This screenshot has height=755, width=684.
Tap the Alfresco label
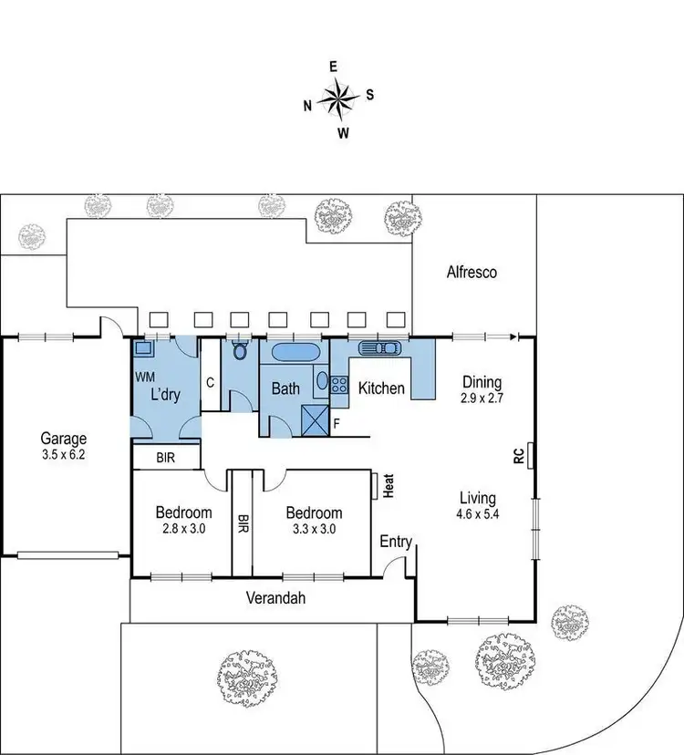point(472,272)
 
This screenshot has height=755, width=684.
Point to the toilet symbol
point(241,351)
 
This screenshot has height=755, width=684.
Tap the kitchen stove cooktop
point(339,384)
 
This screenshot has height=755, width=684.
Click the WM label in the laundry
point(144,376)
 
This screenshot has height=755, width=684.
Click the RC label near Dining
point(518,455)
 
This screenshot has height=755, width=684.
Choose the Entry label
point(396,542)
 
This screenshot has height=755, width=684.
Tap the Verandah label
point(275,599)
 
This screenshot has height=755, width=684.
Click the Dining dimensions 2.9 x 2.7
point(482,398)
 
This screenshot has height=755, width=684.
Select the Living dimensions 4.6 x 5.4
point(477,514)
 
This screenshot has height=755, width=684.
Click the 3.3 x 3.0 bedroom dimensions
point(313,529)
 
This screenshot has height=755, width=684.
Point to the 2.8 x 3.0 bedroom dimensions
point(182,529)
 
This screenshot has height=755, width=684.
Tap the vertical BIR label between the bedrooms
point(243,524)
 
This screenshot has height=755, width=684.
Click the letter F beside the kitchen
point(337,423)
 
